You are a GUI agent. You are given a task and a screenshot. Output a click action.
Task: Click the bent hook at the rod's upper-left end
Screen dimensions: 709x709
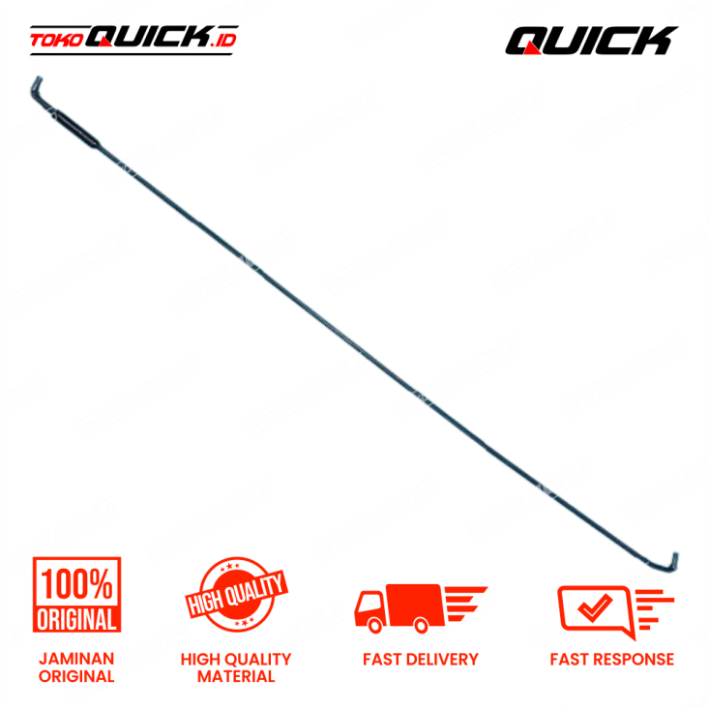(x=40, y=88)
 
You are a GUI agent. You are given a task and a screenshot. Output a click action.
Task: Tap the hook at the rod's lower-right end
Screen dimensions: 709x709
(x=672, y=561)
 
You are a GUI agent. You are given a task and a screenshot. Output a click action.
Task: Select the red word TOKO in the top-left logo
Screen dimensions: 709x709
(x=56, y=41)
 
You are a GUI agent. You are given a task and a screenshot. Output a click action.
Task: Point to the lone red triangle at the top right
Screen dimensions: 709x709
(x=531, y=47)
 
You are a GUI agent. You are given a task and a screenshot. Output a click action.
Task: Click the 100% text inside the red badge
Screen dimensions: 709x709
(x=77, y=584)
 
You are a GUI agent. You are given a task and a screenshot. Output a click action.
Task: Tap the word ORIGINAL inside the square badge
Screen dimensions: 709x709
(x=77, y=618)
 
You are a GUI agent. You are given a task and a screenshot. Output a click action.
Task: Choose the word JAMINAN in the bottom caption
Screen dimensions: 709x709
(x=76, y=659)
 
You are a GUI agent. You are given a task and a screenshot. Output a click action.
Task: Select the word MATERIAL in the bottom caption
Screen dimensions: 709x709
(x=236, y=676)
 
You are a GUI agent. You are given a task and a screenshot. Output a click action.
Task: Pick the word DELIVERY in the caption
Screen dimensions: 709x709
(x=441, y=660)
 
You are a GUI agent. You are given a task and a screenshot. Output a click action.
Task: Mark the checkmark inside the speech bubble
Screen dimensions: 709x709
(x=592, y=606)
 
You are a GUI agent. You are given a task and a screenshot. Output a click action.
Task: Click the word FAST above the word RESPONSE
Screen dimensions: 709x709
(x=571, y=660)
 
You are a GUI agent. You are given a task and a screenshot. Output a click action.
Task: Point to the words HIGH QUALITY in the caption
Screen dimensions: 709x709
(x=236, y=659)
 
